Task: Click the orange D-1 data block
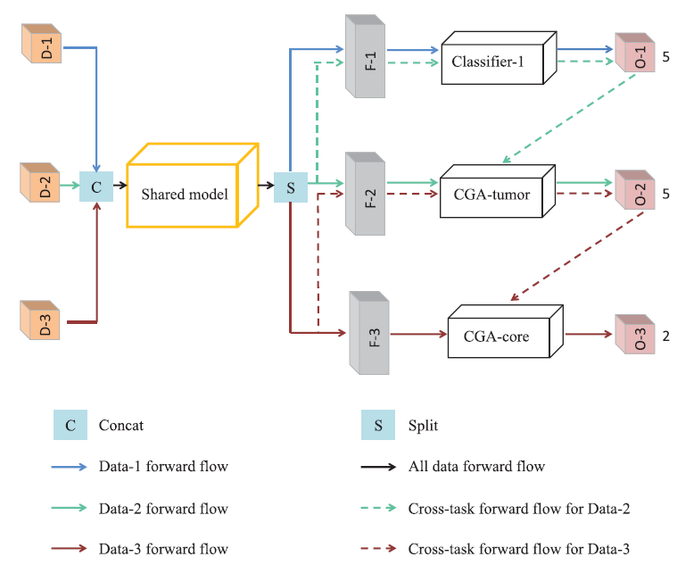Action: tap(42, 45)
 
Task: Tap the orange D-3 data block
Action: tap(42, 320)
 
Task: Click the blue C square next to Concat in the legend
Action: tap(70, 426)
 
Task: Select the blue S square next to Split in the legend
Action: tap(378, 426)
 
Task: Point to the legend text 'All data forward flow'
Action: tap(476, 466)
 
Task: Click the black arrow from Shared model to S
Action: tap(262, 187)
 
